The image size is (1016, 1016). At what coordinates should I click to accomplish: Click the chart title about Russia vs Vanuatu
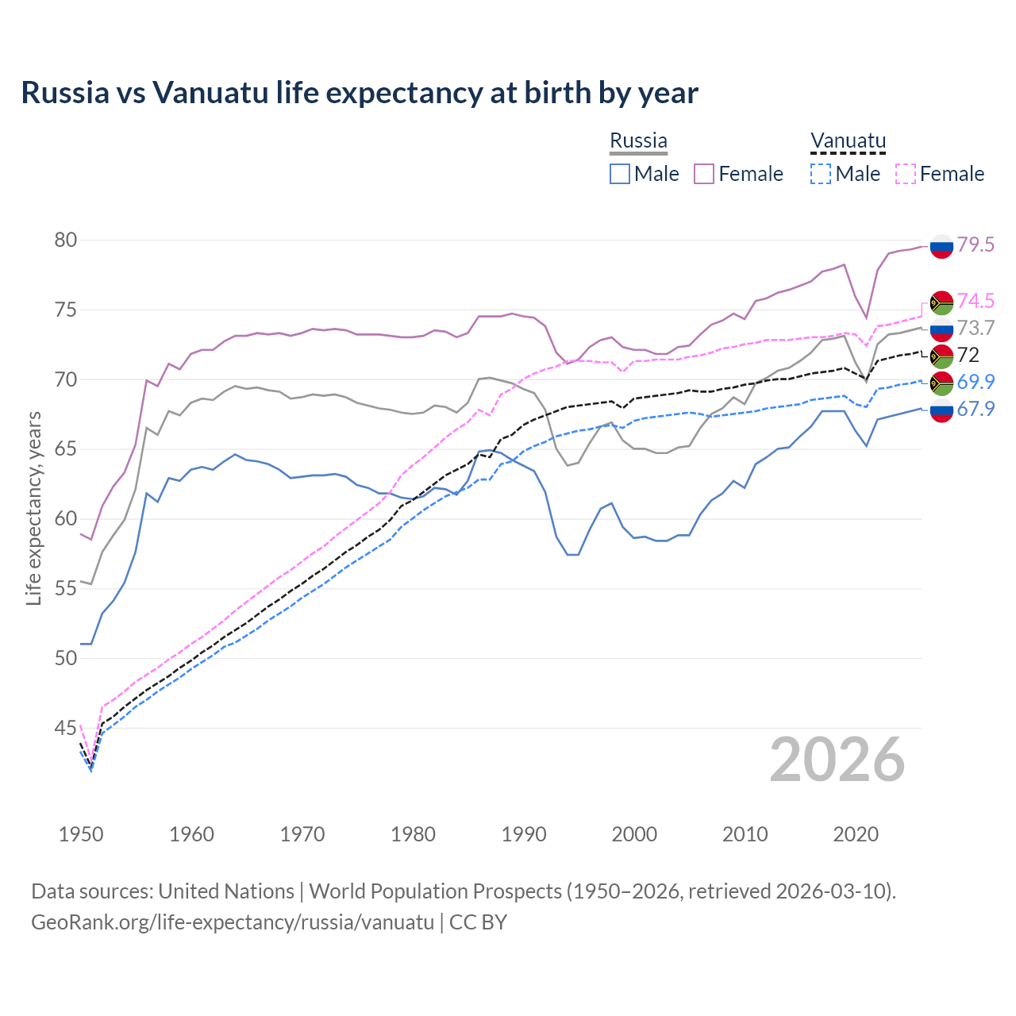[x=359, y=93]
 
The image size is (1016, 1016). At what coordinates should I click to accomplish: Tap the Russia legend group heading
[x=638, y=141]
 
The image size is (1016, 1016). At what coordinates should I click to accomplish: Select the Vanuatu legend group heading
[x=847, y=141]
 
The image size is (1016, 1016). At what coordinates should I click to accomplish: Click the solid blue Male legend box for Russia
[x=620, y=174]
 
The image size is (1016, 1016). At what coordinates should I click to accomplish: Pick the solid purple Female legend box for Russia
[x=704, y=174]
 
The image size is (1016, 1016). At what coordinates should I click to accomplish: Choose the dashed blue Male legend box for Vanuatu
[x=821, y=174]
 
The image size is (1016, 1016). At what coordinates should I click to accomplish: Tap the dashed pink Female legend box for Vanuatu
[x=906, y=174]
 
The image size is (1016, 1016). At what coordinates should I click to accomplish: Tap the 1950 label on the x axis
[x=81, y=834]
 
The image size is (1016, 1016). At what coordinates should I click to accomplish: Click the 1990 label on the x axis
[x=524, y=834]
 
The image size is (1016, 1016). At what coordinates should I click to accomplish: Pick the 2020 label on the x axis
[x=856, y=834]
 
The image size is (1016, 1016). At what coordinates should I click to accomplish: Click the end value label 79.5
[x=976, y=245]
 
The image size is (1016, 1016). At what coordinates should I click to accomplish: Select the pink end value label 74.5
[x=976, y=301]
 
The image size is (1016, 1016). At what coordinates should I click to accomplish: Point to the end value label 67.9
[x=976, y=409]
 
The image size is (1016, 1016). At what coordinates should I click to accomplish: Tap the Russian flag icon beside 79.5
[x=941, y=246]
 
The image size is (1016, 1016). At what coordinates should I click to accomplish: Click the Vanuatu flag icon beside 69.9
[x=941, y=383]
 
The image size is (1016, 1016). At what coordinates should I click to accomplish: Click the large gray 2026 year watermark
[x=837, y=760]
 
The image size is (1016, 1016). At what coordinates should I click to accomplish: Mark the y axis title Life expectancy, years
[x=34, y=508]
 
